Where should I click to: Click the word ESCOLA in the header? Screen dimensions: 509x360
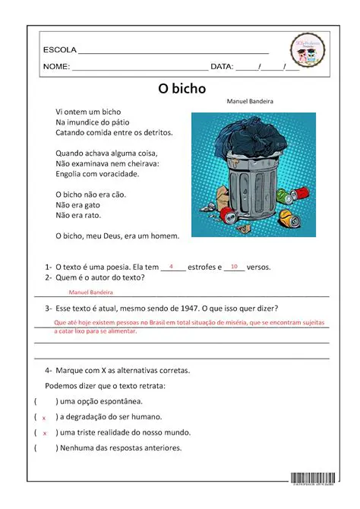[x=59, y=50]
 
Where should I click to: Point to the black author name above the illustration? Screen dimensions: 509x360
[x=250, y=101]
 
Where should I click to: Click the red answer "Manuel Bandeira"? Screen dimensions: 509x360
[x=90, y=292]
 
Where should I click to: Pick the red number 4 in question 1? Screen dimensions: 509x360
[x=172, y=267]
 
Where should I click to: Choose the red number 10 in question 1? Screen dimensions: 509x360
[x=234, y=267]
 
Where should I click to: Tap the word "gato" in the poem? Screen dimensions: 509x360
[x=89, y=204]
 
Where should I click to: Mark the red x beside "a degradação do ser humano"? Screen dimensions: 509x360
[x=44, y=418]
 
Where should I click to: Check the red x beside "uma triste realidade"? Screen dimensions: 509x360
[x=44, y=433]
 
